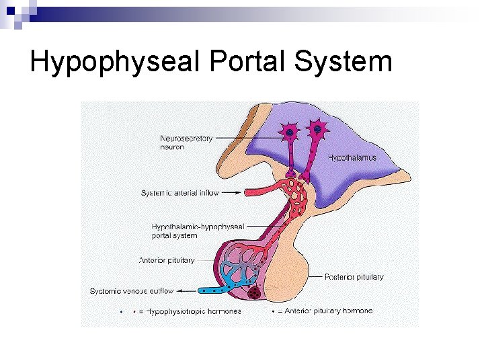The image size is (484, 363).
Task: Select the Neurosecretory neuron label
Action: click(x=186, y=143)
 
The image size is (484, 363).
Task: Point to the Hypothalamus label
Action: click(x=352, y=158)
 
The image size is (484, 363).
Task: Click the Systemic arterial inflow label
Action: click(x=179, y=193)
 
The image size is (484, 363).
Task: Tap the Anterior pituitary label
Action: click(x=167, y=260)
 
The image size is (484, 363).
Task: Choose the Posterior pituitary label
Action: click(x=354, y=276)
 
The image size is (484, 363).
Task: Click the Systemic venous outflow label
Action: click(x=132, y=291)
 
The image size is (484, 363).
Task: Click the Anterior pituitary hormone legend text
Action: click(x=328, y=311)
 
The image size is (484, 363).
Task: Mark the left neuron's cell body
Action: click(x=290, y=133)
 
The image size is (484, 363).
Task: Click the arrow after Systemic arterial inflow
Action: click(x=231, y=193)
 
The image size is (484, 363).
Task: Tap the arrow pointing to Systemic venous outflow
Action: click(x=188, y=291)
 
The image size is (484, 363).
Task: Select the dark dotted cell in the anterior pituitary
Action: click(x=254, y=293)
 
